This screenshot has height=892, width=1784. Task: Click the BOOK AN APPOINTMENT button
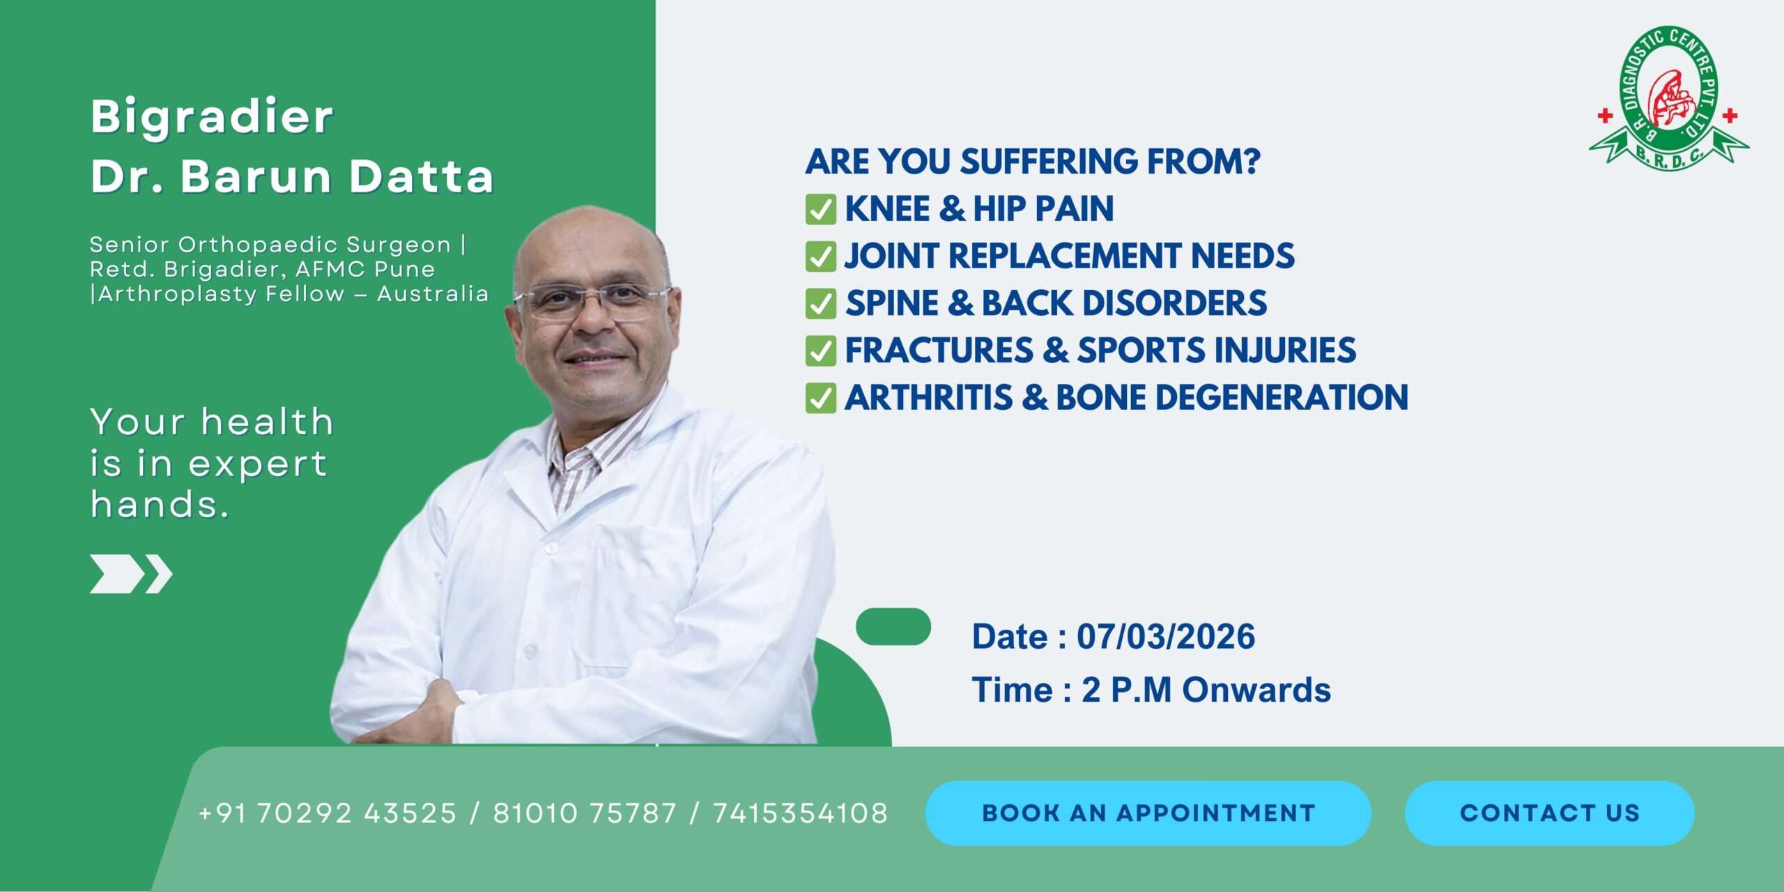tap(1148, 813)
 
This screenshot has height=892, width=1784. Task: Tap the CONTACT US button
tap(1549, 813)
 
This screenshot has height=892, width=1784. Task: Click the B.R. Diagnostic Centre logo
tap(1668, 98)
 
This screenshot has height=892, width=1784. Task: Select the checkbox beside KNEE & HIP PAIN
tap(820, 209)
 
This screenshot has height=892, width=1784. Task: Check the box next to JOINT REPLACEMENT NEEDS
tap(820, 256)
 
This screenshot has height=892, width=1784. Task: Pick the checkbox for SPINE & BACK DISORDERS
tap(820, 304)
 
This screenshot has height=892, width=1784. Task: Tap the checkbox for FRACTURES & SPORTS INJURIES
tap(820, 351)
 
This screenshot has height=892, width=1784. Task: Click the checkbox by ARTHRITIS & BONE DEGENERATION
tap(820, 398)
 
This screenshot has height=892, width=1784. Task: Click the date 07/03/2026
tap(1166, 637)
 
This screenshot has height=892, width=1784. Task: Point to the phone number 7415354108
tap(800, 813)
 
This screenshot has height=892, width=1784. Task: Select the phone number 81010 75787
tap(585, 813)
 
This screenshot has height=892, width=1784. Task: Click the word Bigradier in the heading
tap(212, 116)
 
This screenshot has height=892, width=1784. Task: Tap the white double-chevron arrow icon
tap(131, 574)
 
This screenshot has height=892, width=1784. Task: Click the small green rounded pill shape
tap(893, 626)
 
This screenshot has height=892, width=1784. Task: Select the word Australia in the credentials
tap(433, 294)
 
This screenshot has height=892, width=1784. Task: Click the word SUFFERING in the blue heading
tap(1049, 162)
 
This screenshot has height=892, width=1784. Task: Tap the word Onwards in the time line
tap(1256, 690)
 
